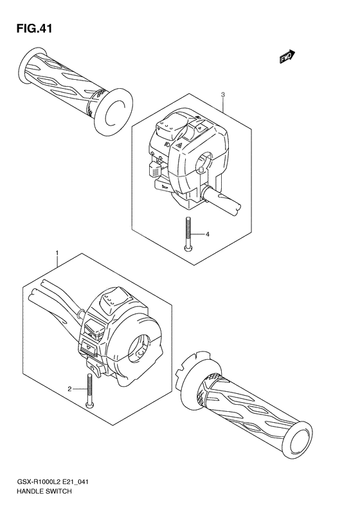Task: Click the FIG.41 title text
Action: pyautogui.click(x=30, y=28)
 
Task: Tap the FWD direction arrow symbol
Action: pyautogui.click(x=286, y=58)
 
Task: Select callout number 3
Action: pyautogui.click(x=222, y=96)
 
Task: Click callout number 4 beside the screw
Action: pyautogui.click(x=208, y=234)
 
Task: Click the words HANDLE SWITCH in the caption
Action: pyautogui.click(x=40, y=490)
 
